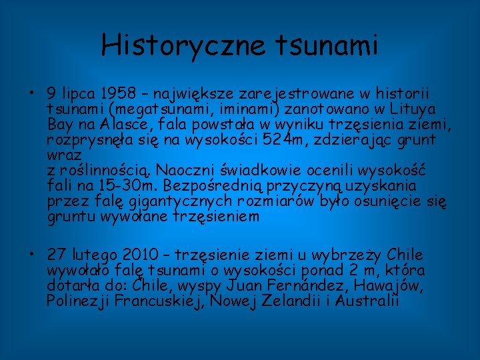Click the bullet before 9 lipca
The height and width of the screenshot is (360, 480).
(x=31, y=94)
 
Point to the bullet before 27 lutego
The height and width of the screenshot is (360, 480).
(x=31, y=255)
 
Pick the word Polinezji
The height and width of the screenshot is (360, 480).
(x=77, y=301)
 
